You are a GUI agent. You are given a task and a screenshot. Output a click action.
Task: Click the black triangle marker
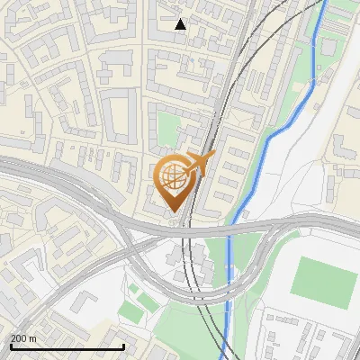(181, 24)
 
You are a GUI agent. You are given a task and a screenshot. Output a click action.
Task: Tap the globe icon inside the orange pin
(175, 177)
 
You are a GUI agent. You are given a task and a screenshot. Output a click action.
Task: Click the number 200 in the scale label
(19, 338)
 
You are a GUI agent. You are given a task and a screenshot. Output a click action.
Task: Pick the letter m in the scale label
(32, 338)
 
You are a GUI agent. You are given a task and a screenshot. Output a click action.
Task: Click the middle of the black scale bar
(67, 346)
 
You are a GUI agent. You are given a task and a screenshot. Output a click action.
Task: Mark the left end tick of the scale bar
(11, 346)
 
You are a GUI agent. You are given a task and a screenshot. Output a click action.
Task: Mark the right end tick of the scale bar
(123, 346)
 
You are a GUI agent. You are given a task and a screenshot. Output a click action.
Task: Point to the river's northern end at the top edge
(321, 3)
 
